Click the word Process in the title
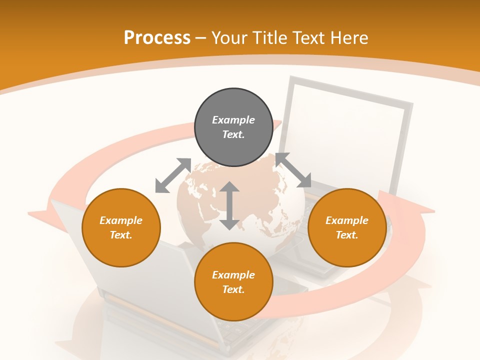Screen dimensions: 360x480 (x=157, y=38)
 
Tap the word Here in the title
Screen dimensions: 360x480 (x=348, y=38)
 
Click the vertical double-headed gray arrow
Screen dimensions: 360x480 (x=229, y=205)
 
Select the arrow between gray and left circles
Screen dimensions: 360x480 (x=173, y=175)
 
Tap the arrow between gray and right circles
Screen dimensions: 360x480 (x=293, y=170)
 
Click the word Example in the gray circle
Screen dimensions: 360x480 (x=233, y=120)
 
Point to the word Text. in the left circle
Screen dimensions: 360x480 (x=121, y=235)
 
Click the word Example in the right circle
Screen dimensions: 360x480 (x=347, y=220)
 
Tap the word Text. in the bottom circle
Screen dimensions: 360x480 (x=233, y=289)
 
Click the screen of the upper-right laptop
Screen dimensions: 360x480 (x=345, y=130)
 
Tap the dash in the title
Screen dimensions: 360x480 (x=200, y=38)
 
